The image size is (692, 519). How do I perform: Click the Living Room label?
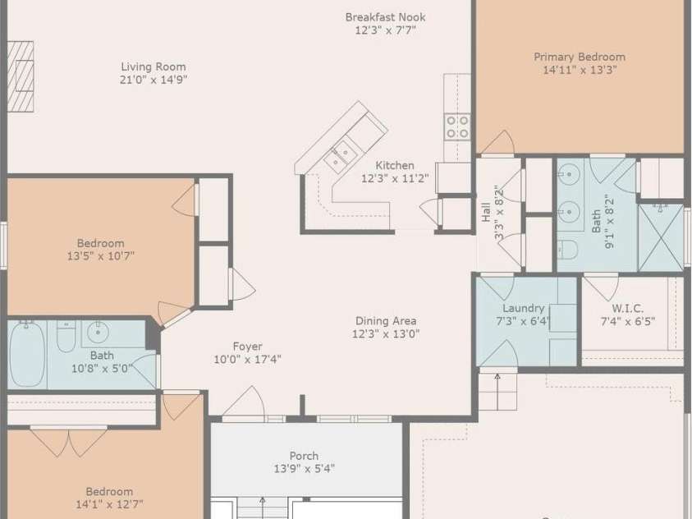(154, 67)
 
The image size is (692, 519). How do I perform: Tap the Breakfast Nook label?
(385, 17)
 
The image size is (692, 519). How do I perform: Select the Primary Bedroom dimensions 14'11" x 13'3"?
(580, 70)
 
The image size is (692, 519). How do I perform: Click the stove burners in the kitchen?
(457, 126)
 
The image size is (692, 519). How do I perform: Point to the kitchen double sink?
(341, 155)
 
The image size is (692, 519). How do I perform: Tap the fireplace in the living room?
(21, 76)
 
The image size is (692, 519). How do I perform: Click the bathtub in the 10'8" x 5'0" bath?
(27, 355)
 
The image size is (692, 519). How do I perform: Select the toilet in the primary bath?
(567, 250)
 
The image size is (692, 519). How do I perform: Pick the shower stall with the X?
(661, 238)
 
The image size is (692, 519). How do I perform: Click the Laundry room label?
(524, 308)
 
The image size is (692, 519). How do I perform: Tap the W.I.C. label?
(627, 309)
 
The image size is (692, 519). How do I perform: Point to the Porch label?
(304, 456)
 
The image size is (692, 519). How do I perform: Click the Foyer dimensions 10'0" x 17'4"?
(247, 359)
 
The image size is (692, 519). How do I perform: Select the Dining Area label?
(386, 321)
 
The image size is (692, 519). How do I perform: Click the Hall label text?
(486, 212)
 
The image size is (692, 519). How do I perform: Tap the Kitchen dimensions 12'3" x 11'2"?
(395, 178)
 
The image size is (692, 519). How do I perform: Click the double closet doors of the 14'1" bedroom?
(69, 442)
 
